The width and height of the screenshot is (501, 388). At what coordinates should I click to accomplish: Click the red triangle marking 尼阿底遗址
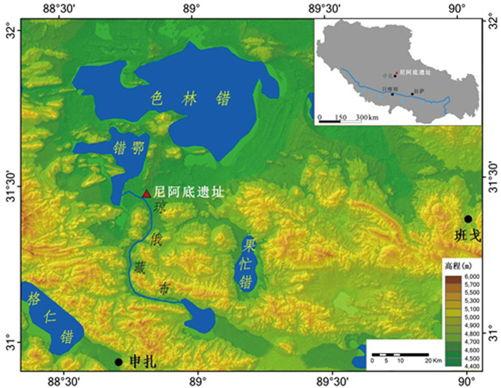[147, 193]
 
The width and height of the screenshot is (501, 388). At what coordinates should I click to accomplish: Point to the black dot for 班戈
[468, 218]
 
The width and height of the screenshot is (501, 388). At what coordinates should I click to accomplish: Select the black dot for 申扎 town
[118, 362]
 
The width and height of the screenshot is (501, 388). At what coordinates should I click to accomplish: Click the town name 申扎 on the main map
[142, 362]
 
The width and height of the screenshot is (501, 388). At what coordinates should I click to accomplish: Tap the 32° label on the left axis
[10, 31]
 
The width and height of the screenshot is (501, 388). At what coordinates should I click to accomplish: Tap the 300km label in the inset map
[367, 116]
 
